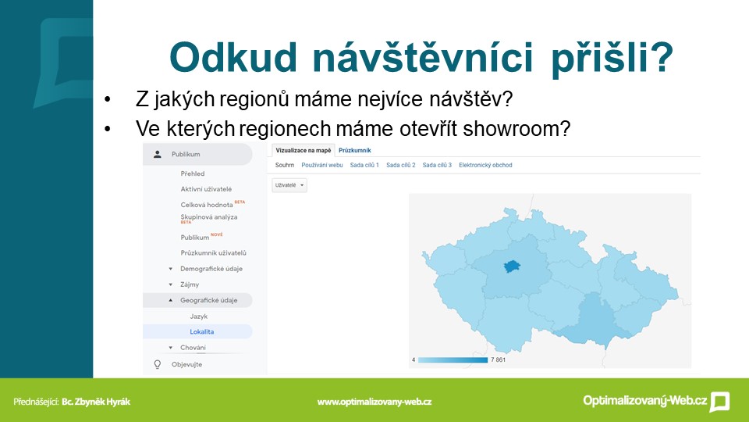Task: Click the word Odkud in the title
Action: (233, 57)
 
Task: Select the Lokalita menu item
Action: (201, 331)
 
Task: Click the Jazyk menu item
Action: (199, 316)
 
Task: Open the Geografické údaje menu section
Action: (209, 300)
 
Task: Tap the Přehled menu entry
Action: (193, 173)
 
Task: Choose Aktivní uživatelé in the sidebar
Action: (206, 189)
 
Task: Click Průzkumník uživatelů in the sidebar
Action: (214, 252)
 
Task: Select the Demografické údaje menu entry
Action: (211, 269)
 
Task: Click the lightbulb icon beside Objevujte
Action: (157, 365)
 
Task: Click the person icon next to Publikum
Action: (157, 154)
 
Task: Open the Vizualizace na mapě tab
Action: (304, 150)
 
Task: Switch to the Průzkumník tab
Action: (355, 150)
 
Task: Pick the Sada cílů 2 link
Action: (401, 165)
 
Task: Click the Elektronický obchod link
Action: (485, 165)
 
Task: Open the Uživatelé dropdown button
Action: (289, 185)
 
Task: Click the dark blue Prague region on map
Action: (512, 266)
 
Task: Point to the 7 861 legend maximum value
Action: (499, 359)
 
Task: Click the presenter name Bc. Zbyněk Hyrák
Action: (96, 402)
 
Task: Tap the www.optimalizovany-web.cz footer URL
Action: (374, 402)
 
